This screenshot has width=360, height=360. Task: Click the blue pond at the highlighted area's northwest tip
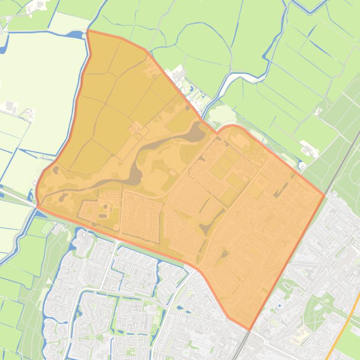click(75, 35)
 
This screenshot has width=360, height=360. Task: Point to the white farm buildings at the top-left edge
click(37, 5)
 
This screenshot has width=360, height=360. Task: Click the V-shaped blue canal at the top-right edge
click(309, 6)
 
